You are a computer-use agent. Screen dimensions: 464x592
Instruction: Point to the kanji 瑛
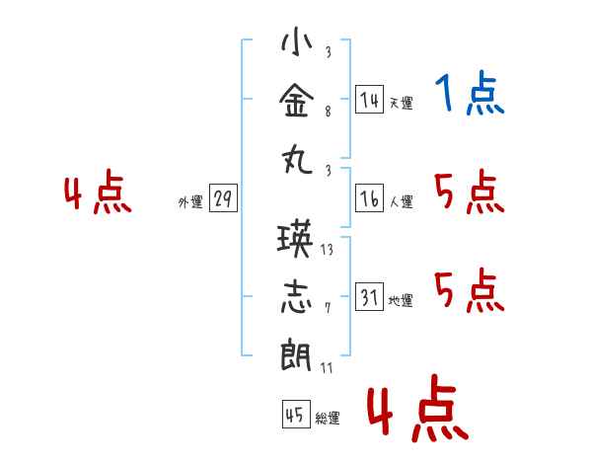(x=298, y=242)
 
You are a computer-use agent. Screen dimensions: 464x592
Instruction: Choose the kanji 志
(x=298, y=297)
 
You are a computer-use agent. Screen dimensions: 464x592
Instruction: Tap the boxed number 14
(x=369, y=100)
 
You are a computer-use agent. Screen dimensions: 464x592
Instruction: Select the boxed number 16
(x=369, y=198)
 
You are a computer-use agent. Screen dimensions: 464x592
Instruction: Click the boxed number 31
(x=369, y=296)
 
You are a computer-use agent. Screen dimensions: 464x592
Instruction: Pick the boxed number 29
(x=222, y=198)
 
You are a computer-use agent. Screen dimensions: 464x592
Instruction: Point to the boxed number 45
(x=294, y=415)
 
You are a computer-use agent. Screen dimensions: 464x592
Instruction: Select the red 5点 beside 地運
(x=470, y=290)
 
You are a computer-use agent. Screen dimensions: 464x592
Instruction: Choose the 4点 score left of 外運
(x=98, y=193)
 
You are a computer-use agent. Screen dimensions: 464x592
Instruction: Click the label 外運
(x=190, y=202)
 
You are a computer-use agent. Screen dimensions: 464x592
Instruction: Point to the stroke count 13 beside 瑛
(x=328, y=251)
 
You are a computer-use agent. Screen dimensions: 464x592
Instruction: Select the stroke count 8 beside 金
(x=328, y=113)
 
